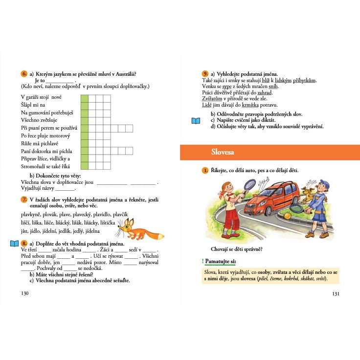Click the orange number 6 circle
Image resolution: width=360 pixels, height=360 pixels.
tap(23, 74)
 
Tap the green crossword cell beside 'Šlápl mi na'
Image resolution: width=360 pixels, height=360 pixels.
tap(84, 105)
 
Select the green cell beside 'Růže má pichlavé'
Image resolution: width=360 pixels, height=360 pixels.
tap(84, 143)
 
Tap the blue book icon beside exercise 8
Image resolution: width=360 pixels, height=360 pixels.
tap(15, 244)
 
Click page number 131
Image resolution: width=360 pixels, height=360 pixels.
tap(335, 294)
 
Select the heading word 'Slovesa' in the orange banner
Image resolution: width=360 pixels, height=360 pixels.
tap(223, 153)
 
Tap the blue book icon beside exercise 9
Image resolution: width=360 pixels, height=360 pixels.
tap(196, 120)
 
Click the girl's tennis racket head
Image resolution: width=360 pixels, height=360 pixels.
tap(249, 185)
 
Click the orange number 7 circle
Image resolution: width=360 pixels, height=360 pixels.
tap(23, 200)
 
